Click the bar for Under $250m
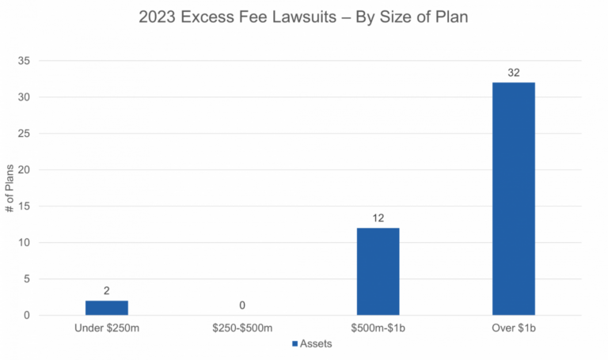click(x=107, y=307)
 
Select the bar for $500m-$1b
click(x=378, y=271)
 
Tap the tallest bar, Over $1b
click(x=513, y=198)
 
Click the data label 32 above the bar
click(x=513, y=73)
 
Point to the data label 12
click(x=378, y=218)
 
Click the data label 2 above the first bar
click(x=107, y=291)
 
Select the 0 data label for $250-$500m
click(x=242, y=305)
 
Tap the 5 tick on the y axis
click(x=26, y=279)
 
